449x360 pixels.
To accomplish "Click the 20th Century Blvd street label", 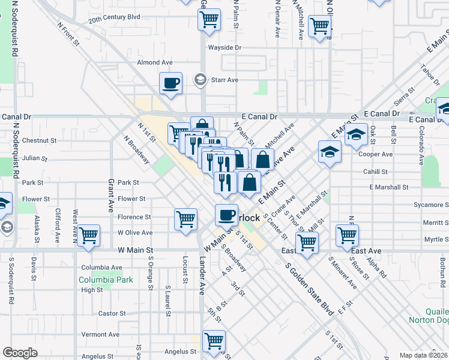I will [114, 17].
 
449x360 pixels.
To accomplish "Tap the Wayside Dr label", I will [224, 47].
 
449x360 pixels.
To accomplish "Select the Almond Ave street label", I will [155, 62].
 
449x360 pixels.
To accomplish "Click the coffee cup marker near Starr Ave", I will [171, 83].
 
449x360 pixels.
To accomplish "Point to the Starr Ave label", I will [224, 80].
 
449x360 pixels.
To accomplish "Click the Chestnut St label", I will [39, 140].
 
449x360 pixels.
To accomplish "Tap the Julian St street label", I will [34, 158].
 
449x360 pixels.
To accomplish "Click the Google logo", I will [20, 353].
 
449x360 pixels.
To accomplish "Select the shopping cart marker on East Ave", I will [306, 242].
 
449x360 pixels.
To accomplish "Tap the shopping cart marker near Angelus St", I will [214, 341].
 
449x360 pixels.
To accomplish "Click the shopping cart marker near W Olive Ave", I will [88, 235].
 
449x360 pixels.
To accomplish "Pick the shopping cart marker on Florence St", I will [186, 218].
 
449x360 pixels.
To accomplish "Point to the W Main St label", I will [136, 250].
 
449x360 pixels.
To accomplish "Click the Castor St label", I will [112, 313].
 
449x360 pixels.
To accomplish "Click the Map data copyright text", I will [423, 355].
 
